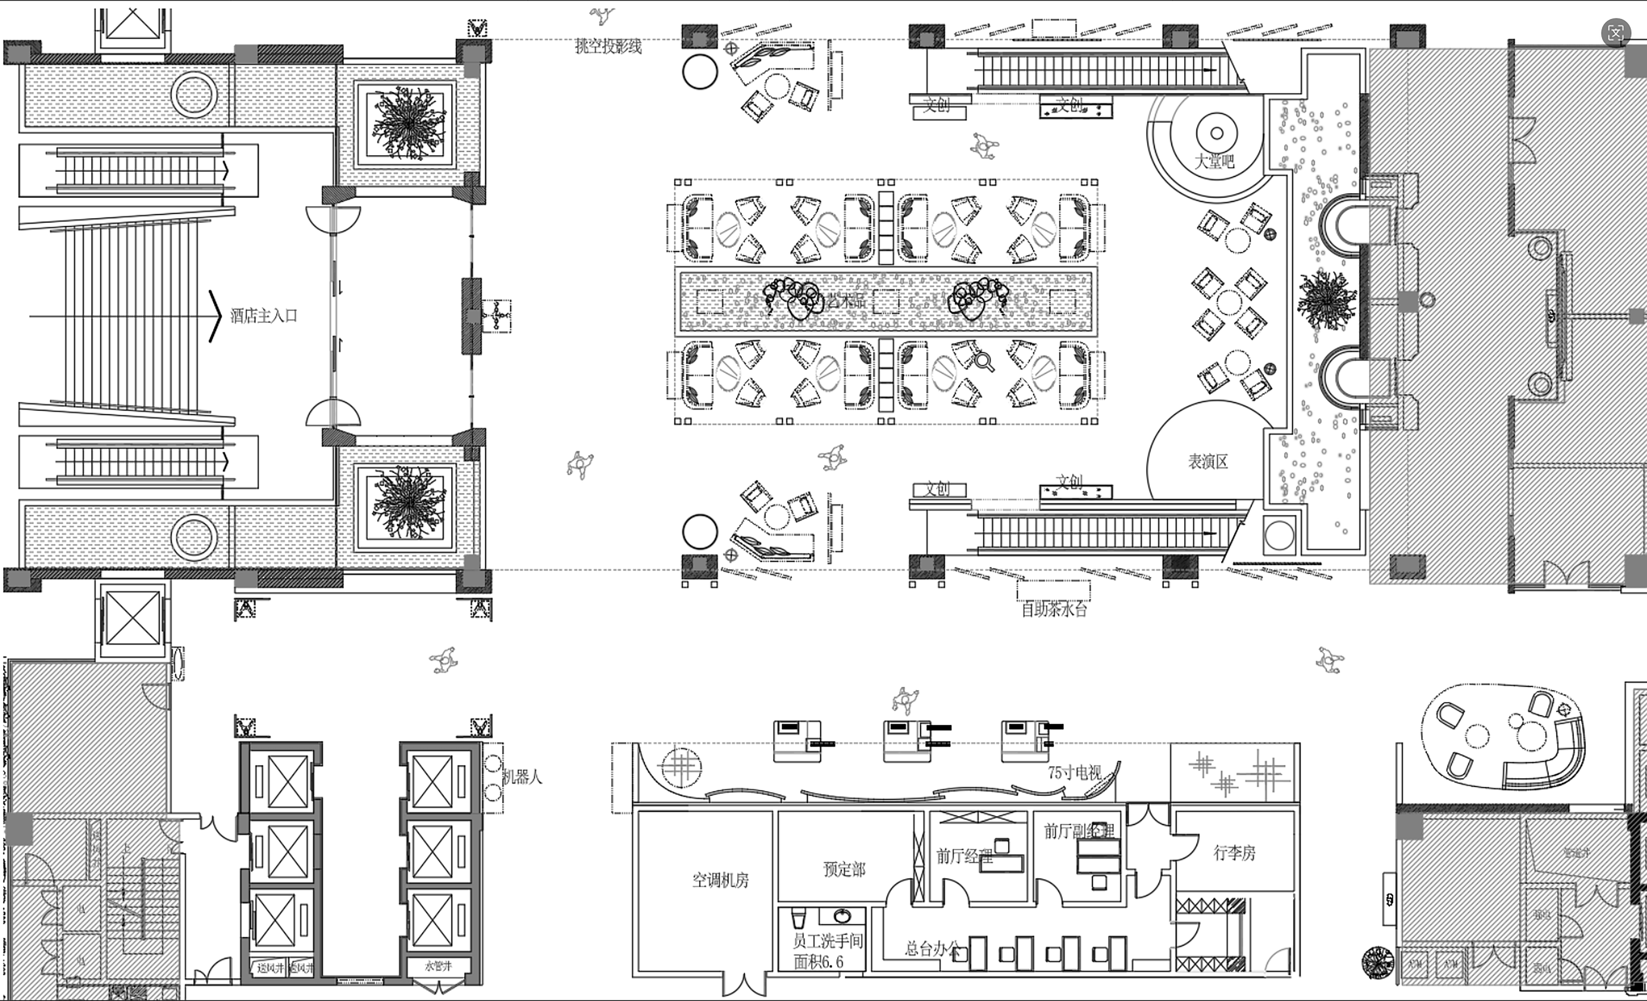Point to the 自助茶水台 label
click(x=1054, y=609)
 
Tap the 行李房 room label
click(x=1234, y=853)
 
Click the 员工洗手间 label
click(x=827, y=942)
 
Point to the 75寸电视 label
click(x=1074, y=773)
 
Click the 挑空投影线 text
click(x=608, y=46)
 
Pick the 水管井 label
click(x=439, y=966)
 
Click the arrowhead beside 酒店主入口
click(x=215, y=316)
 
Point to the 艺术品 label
click(x=846, y=301)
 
